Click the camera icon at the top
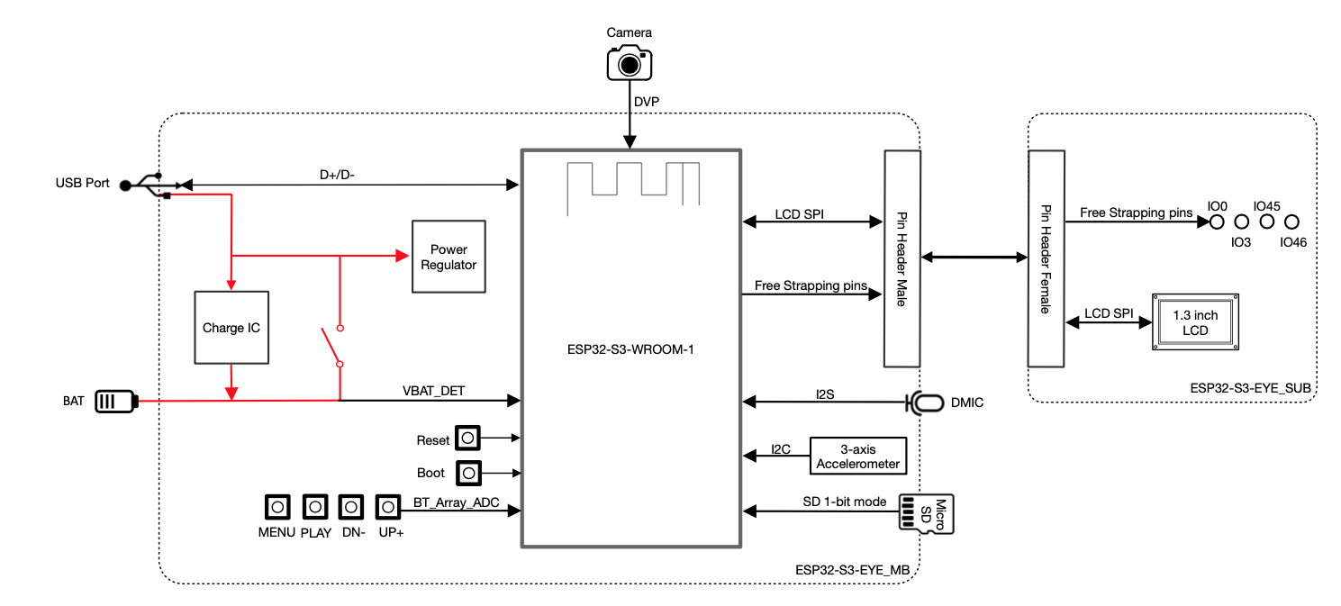click(629, 63)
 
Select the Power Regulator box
click(449, 257)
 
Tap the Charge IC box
click(231, 327)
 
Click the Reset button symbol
click(467, 439)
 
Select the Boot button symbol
click(468, 472)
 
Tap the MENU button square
click(277, 507)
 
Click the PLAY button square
click(315, 507)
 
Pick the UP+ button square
click(388, 507)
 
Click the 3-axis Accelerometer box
click(857, 456)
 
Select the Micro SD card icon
click(928, 514)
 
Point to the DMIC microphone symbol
click(924, 402)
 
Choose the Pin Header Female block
click(1046, 258)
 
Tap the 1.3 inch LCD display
click(1194, 321)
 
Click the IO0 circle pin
click(1216, 221)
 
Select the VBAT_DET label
click(432, 391)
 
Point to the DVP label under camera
click(647, 102)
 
